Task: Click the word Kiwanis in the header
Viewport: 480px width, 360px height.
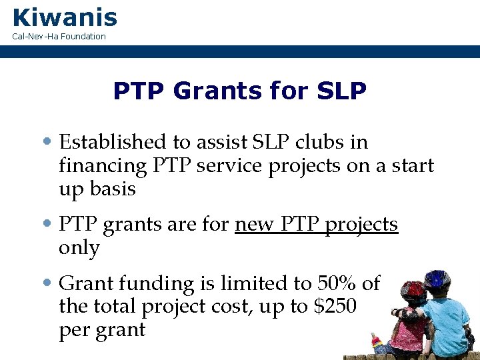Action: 65,17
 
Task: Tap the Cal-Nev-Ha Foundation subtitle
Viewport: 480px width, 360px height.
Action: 59,36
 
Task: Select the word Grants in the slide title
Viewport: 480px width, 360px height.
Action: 201,91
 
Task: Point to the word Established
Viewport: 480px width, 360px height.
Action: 112,142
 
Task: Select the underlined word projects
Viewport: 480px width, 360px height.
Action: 361,225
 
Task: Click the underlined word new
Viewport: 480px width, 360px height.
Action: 253,225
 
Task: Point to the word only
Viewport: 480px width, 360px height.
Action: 79,248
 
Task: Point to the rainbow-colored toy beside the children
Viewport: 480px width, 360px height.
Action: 377,343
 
